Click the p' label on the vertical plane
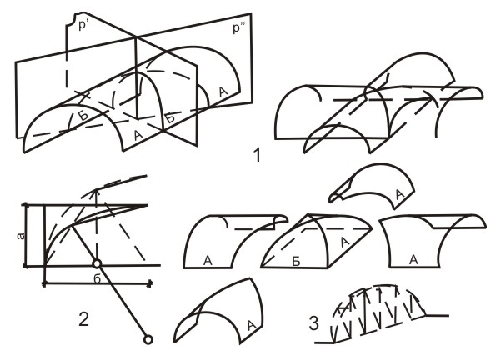click(x=83, y=25)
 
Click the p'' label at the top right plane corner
click(x=239, y=28)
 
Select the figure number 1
click(x=257, y=155)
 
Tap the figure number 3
click(x=313, y=323)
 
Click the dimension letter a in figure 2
click(x=21, y=236)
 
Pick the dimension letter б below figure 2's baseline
click(x=98, y=278)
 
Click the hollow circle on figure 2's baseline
click(x=97, y=263)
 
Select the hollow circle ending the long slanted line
click(x=148, y=339)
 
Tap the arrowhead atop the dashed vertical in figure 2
click(x=97, y=192)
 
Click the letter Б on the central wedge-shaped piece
click(x=296, y=262)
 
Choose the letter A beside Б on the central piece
click(x=345, y=242)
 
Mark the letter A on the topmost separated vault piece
click(x=400, y=194)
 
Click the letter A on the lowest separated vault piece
click(x=252, y=325)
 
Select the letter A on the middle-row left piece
click(x=208, y=260)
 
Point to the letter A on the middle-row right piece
click(x=413, y=259)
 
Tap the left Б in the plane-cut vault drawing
click(x=83, y=116)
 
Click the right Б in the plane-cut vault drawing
click(x=170, y=118)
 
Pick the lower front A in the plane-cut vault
click(x=138, y=135)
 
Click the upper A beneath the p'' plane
click(x=223, y=92)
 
